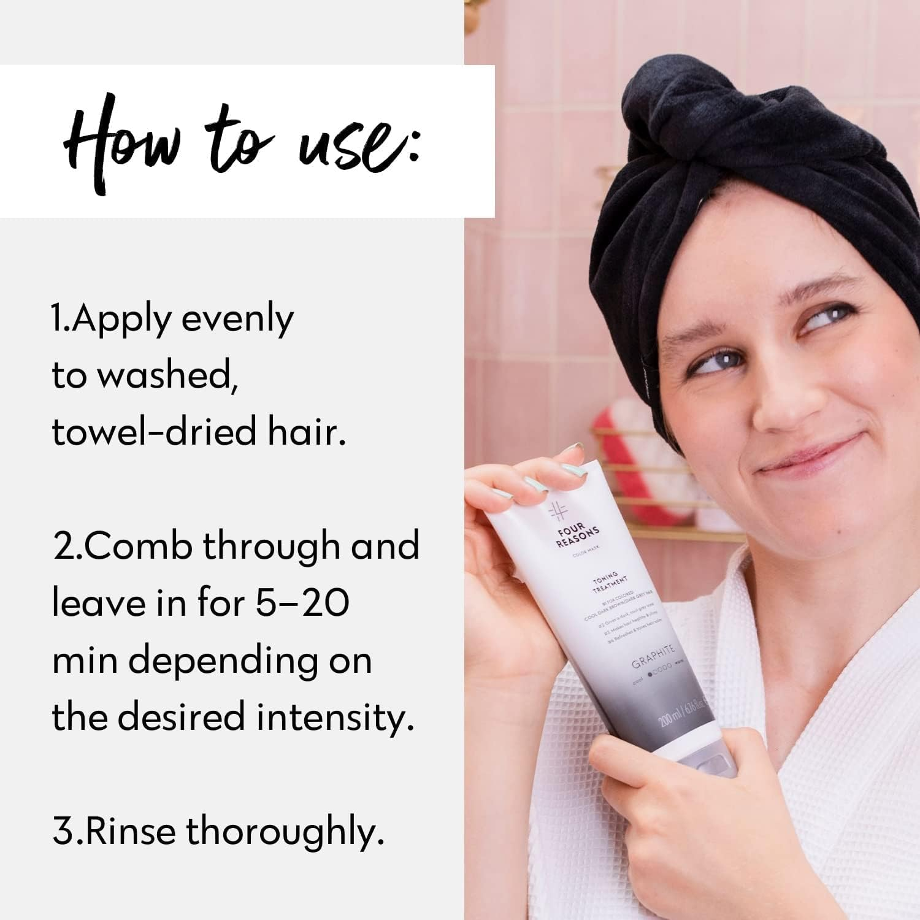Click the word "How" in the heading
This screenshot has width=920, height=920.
[123, 142]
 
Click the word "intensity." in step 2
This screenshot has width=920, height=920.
[335, 716]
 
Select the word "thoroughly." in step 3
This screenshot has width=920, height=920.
[285, 832]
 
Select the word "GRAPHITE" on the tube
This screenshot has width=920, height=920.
[653, 655]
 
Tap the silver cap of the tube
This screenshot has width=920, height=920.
[711, 761]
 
